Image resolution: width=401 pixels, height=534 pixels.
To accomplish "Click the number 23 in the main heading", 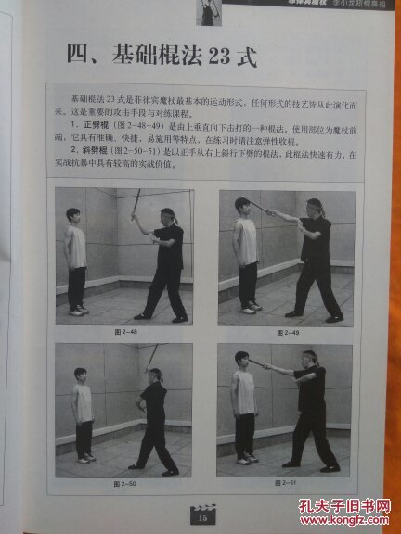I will [218, 57].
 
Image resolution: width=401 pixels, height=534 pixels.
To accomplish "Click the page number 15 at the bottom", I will [200, 506].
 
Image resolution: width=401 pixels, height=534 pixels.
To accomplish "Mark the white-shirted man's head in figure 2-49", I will [244, 206].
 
